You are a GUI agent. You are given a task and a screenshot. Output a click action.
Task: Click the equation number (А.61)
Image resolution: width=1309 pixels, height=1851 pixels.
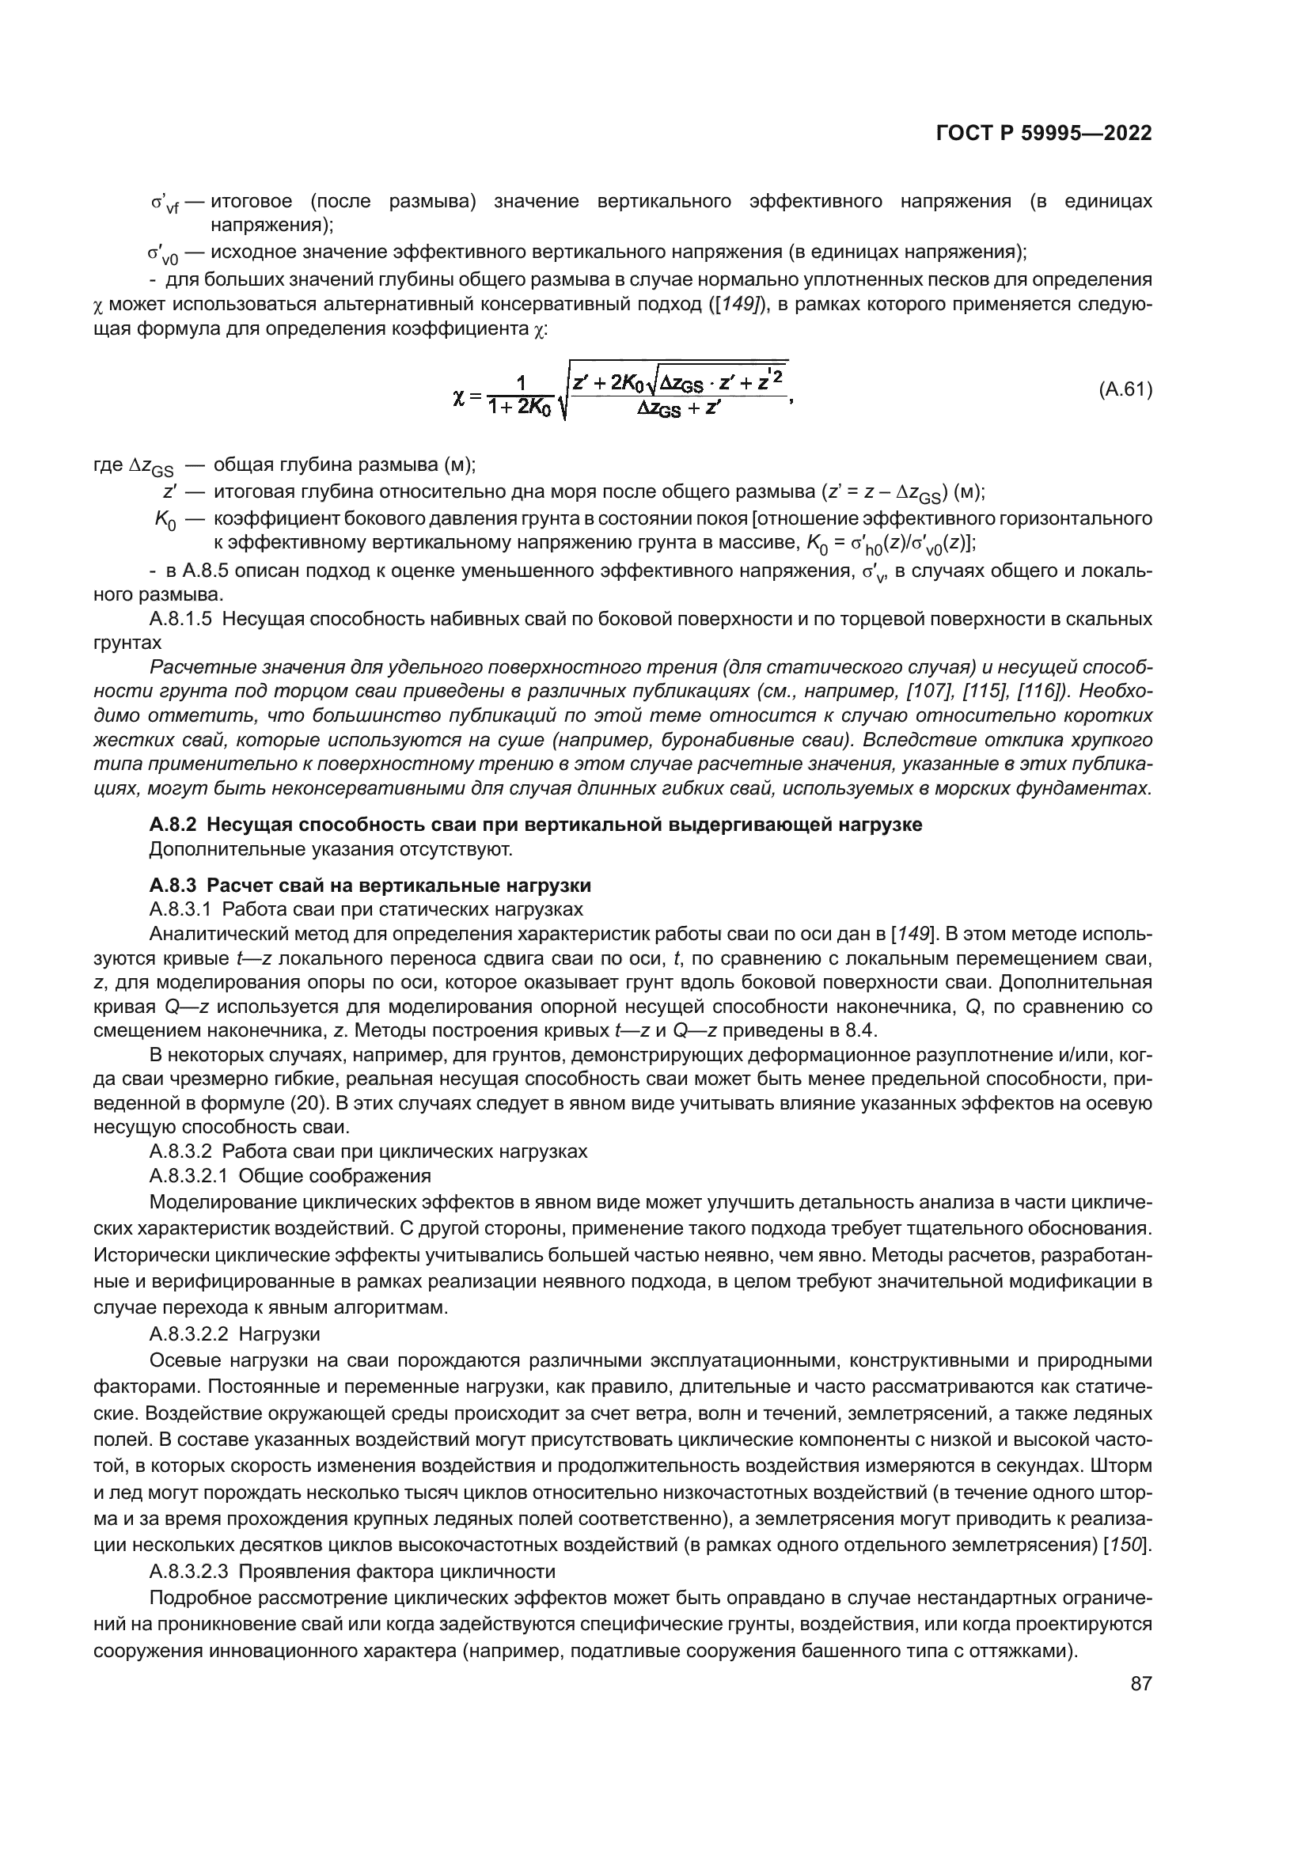[1125, 390]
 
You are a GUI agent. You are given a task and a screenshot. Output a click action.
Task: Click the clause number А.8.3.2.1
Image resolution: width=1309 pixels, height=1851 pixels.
[190, 1175]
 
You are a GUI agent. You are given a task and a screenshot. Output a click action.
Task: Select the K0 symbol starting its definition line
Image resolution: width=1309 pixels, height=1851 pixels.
[165, 522]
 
